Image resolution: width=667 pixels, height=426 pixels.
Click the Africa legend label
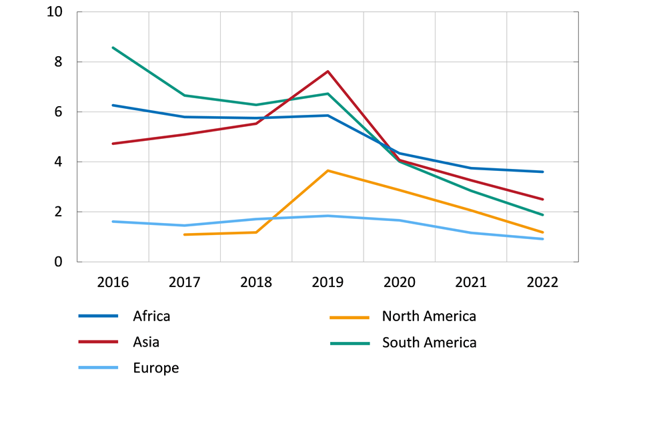pyautogui.click(x=151, y=316)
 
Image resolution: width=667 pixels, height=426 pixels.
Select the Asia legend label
pyautogui.click(x=146, y=343)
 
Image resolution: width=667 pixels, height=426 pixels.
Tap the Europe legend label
pyautogui.click(x=155, y=368)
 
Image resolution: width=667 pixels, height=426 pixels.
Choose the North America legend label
pyautogui.click(x=429, y=316)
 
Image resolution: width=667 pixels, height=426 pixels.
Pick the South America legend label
pyautogui.click(x=429, y=343)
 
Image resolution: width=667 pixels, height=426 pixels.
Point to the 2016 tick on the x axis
pyautogui.click(x=113, y=282)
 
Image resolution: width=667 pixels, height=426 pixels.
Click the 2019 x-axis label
pyautogui.click(x=327, y=282)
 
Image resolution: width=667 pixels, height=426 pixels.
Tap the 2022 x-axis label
pyautogui.click(x=542, y=282)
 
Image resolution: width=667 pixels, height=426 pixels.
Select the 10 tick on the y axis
pyautogui.click(x=55, y=12)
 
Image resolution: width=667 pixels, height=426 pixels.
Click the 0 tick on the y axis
pyautogui.click(x=59, y=262)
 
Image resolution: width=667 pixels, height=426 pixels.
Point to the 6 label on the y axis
pyautogui.click(x=59, y=112)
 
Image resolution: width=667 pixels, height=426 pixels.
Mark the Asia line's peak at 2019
pyautogui.click(x=327, y=71)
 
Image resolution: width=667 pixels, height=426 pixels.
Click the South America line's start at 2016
pyautogui.click(x=113, y=47)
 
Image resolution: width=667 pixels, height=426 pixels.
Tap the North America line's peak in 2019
pyautogui.click(x=327, y=170)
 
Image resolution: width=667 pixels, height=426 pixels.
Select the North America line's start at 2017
pyautogui.click(x=185, y=234)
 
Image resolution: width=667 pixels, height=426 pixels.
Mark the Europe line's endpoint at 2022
pyautogui.click(x=542, y=239)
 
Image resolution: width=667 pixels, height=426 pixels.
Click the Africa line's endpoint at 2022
pyautogui.click(x=542, y=172)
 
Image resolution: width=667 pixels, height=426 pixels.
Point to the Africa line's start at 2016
pyautogui.click(x=113, y=105)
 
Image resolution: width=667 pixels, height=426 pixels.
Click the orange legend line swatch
pyautogui.click(x=350, y=316)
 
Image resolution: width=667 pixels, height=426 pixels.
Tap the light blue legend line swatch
pyautogui.click(x=98, y=368)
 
